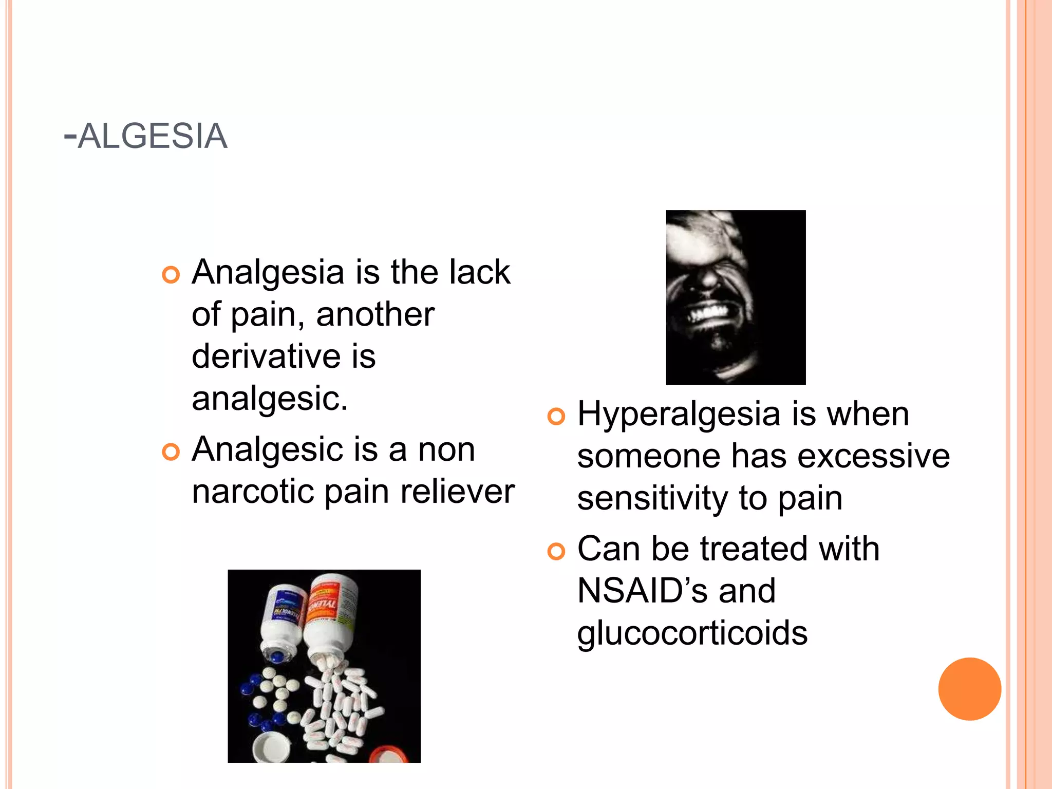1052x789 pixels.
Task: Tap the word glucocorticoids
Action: pyautogui.click(x=692, y=633)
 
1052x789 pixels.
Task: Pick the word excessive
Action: pyautogui.click(x=873, y=456)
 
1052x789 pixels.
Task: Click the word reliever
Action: pyautogui.click(x=457, y=492)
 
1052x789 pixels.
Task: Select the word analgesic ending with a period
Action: pyautogui.click(x=270, y=399)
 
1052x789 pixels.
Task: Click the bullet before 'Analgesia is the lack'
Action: pyautogui.click(x=171, y=275)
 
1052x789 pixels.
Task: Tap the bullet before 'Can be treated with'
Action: pyautogui.click(x=556, y=552)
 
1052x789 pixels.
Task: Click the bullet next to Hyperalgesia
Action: pyautogui.click(x=556, y=417)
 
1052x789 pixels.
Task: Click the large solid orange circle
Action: pyautogui.click(x=969, y=689)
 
